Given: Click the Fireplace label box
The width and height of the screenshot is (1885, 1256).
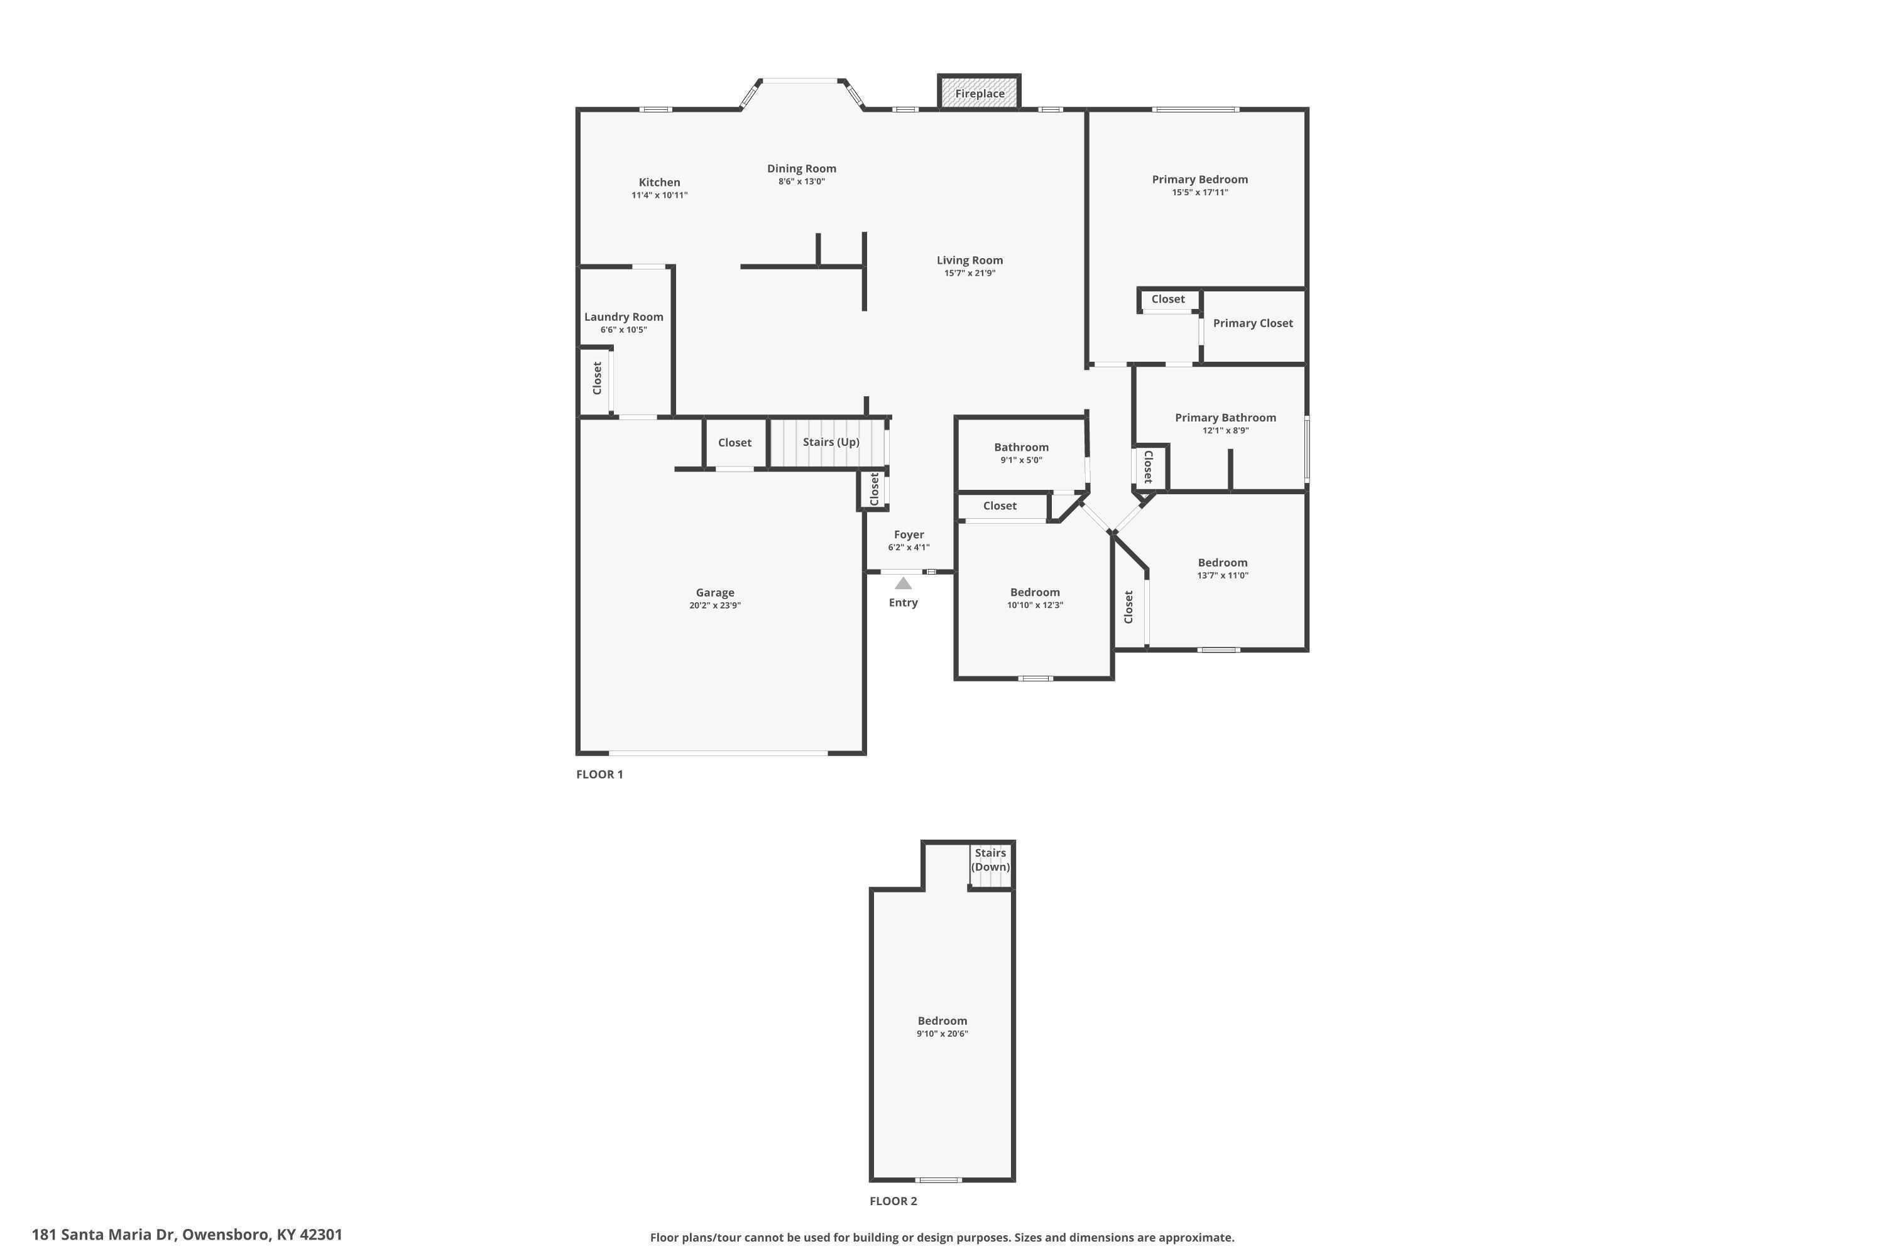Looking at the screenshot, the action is click(980, 93).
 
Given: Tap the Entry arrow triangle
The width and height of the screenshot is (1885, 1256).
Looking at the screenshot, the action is click(904, 583).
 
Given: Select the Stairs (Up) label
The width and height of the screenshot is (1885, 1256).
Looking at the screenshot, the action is click(831, 442).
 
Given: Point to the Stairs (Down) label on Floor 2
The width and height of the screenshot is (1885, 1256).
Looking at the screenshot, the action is click(991, 860).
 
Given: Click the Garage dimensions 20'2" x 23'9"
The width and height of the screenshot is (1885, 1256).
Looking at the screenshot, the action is click(715, 605).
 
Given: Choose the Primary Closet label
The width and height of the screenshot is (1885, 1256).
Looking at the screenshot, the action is click(1253, 323).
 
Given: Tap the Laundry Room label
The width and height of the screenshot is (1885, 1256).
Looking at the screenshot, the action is click(623, 317).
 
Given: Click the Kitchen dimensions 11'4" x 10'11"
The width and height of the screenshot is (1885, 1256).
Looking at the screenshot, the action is click(660, 195).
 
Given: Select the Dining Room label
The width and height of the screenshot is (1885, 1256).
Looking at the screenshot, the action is click(802, 168).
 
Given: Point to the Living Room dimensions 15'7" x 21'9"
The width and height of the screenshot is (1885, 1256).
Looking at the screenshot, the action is click(970, 273).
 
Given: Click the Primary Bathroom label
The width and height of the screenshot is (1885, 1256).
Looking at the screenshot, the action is click(1225, 418).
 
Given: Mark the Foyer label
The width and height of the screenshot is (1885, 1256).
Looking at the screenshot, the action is click(909, 534).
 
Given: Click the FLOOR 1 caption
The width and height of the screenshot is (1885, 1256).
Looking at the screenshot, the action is click(599, 774).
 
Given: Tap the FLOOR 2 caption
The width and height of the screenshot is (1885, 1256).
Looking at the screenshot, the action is click(893, 1201).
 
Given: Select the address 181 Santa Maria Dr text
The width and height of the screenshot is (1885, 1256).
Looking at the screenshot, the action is click(104, 1235).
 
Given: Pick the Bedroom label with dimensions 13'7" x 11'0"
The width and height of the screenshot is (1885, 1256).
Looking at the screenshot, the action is click(1222, 562).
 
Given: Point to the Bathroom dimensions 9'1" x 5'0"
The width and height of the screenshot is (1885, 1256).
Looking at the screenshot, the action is click(1021, 460).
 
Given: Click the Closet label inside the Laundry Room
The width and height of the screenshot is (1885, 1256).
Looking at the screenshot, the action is click(597, 378).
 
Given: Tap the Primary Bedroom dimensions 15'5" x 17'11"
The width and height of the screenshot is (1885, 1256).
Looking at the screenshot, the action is click(1199, 192).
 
